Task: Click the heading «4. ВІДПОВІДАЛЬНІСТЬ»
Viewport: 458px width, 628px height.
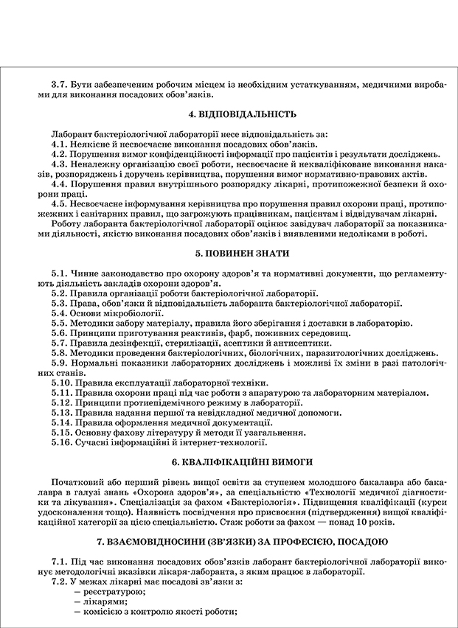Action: click(x=232, y=115)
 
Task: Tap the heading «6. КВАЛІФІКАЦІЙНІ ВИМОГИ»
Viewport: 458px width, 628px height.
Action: click(x=232, y=461)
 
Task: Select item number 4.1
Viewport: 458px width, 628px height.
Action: click(x=60, y=145)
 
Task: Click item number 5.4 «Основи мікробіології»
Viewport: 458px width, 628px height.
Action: click(x=60, y=313)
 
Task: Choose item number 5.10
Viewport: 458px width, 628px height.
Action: click(x=63, y=383)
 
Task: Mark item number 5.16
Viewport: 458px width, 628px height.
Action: click(x=63, y=442)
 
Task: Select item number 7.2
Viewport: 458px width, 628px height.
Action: click(x=60, y=582)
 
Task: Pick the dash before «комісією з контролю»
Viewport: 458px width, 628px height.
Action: click(x=77, y=612)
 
